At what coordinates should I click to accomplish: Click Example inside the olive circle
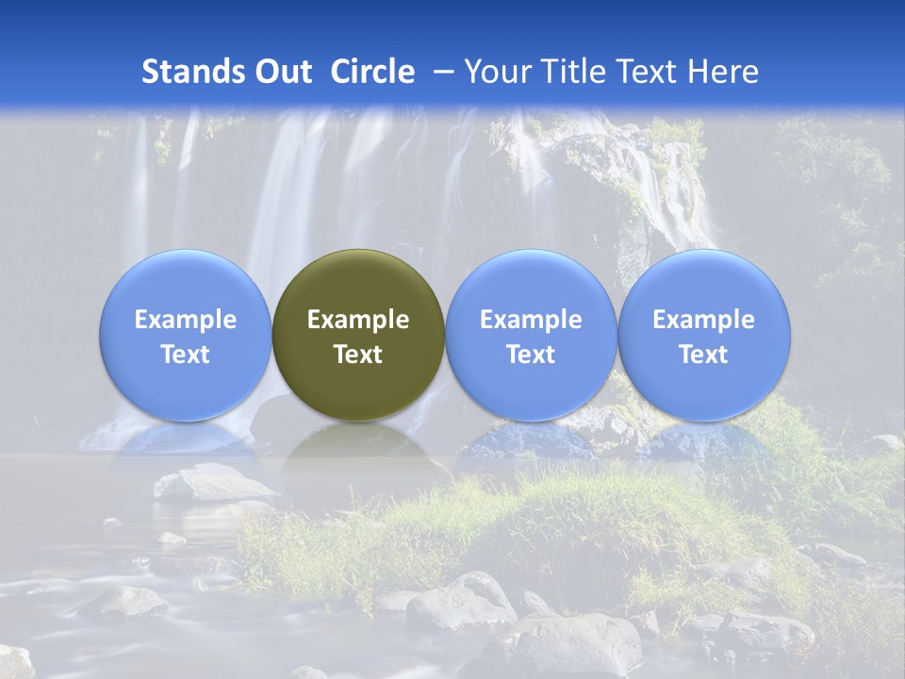[x=358, y=320]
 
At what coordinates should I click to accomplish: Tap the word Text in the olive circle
[x=358, y=355]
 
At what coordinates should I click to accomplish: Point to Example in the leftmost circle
[x=186, y=320]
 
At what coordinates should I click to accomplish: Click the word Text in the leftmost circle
[x=186, y=355]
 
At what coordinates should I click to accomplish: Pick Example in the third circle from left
[x=531, y=320]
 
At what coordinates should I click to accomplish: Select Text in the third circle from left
[x=531, y=355]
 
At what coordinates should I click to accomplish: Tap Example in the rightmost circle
[x=703, y=320]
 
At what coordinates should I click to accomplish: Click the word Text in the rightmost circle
[x=703, y=355]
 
